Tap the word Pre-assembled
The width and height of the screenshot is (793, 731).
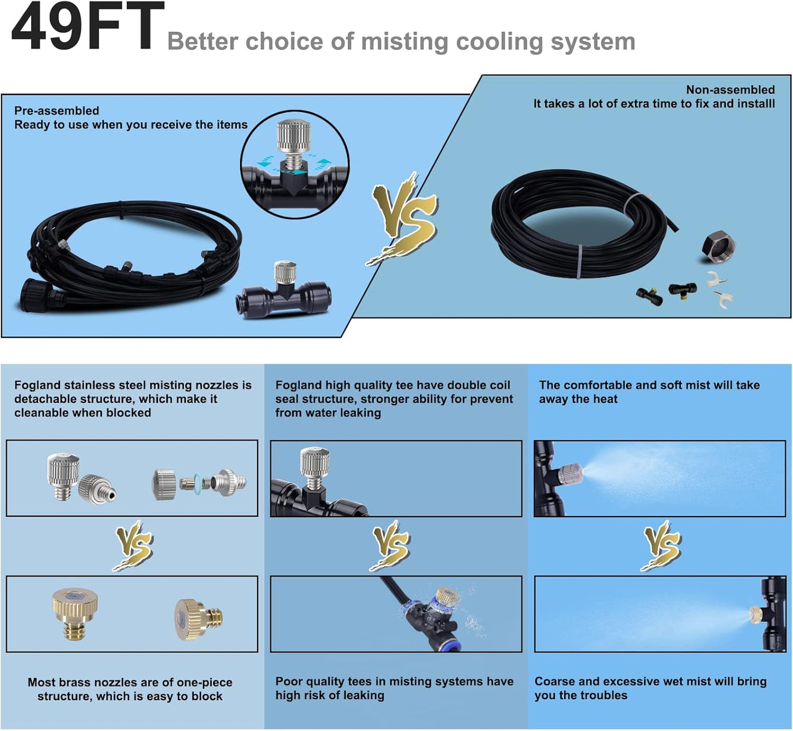click(57, 111)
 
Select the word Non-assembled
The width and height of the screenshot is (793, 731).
click(730, 90)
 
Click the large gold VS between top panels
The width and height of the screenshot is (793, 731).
click(404, 217)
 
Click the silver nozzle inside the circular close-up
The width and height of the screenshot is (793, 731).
click(294, 137)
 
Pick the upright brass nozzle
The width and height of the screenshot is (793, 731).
click(75, 612)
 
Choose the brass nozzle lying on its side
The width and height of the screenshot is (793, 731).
click(199, 619)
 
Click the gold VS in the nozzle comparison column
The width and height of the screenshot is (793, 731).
click(133, 545)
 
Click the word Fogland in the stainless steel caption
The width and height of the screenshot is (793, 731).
click(37, 385)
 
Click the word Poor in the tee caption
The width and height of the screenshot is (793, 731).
click(288, 682)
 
